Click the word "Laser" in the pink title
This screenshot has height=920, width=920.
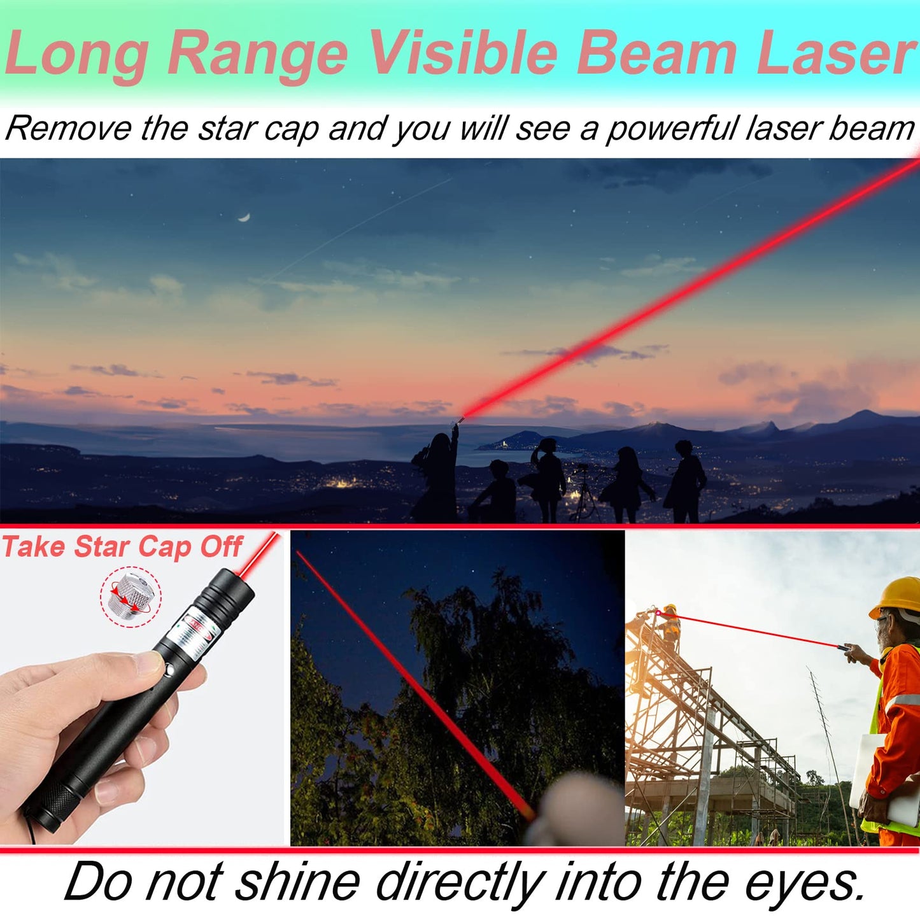[x=836, y=53]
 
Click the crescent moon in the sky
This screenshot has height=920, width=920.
[x=244, y=218]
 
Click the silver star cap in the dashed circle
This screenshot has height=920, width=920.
[x=131, y=597]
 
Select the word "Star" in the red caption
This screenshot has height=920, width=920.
[x=103, y=547]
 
